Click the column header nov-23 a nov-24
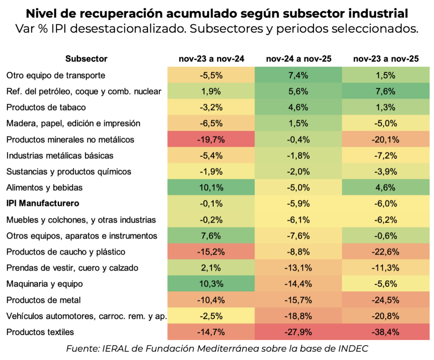pyautogui.click(x=211, y=59)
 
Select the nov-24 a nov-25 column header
pyautogui.click(x=298, y=59)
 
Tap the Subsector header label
pyautogui.click(x=86, y=59)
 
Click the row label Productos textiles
pyautogui.click(x=35, y=332)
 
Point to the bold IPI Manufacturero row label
pyautogui.click(x=43, y=204)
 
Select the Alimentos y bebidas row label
pyautogui.click(x=45, y=187)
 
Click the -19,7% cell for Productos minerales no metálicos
pyautogui.click(x=211, y=140)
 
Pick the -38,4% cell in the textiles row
pyautogui.click(x=385, y=332)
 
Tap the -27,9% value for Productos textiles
pyautogui.click(x=298, y=332)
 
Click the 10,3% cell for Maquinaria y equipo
pyautogui.click(x=211, y=284)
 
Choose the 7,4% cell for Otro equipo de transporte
pyautogui.click(x=298, y=75)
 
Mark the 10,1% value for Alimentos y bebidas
pyautogui.click(x=211, y=187)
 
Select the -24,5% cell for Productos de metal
pyautogui.click(x=385, y=300)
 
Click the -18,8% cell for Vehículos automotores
pyautogui.click(x=298, y=316)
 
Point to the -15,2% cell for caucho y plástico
pyautogui.click(x=211, y=252)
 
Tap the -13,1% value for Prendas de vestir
pyautogui.click(x=298, y=268)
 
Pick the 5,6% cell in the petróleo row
pyautogui.click(x=298, y=92)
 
